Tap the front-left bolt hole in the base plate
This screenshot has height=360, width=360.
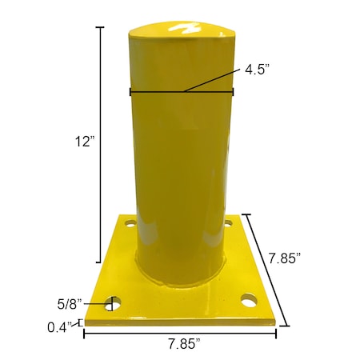(113, 304)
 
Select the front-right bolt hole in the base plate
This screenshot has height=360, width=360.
(249, 302)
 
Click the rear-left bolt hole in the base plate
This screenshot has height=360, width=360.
(126, 226)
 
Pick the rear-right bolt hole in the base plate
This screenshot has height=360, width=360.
(228, 224)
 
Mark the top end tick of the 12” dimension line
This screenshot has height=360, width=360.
(100, 26)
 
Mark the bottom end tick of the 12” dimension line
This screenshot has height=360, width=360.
(100, 262)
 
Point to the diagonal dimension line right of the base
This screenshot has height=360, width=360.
(266, 270)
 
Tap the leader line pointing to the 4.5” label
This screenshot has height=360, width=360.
(210, 81)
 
